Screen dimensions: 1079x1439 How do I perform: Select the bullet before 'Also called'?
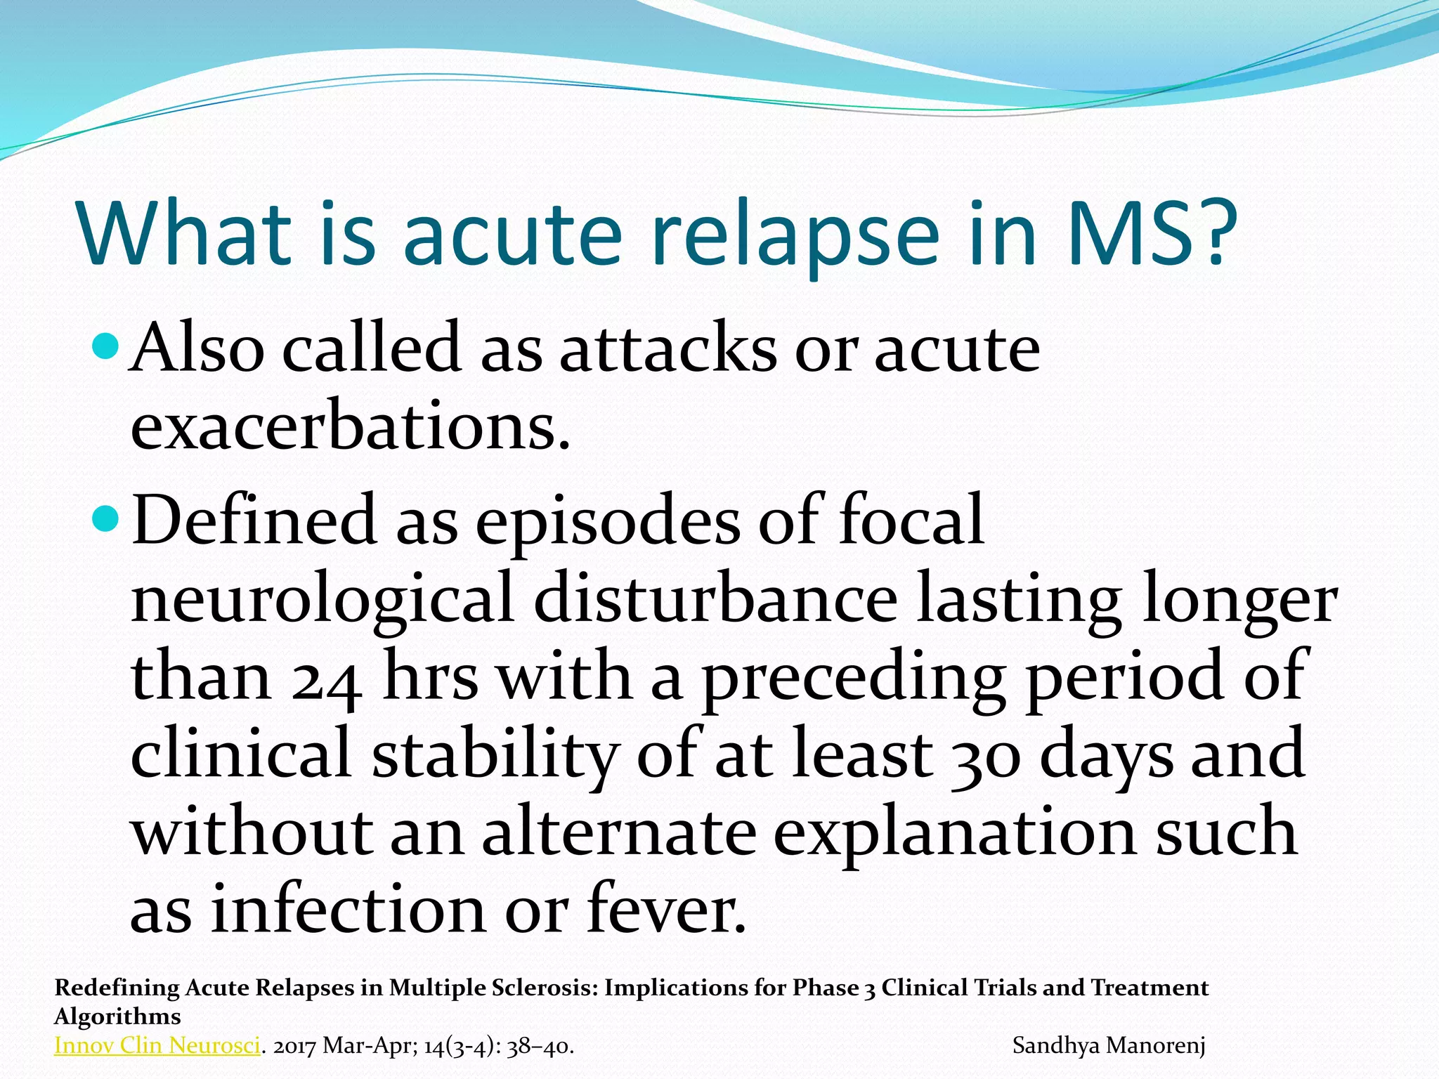pyautogui.click(x=107, y=346)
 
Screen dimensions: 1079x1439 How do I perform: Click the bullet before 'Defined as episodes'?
pyautogui.click(x=107, y=520)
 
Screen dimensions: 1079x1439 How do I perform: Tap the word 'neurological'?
pyautogui.click(x=323, y=601)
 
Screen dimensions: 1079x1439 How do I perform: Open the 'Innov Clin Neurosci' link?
pyautogui.click(x=157, y=1046)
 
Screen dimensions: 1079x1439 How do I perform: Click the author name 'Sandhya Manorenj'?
pyautogui.click(x=1109, y=1046)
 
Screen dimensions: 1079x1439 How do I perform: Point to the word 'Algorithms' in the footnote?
pyautogui.click(x=117, y=1017)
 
